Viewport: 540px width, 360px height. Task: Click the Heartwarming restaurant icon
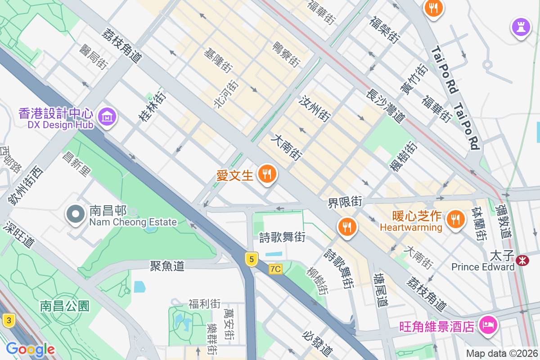pyautogui.click(x=456, y=219)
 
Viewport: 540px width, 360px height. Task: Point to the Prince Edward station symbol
pyautogui.click(x=522, y=260)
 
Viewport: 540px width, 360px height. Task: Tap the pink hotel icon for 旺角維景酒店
pyautogui.click(x=487, y=324)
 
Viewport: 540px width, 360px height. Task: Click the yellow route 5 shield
pyautogui.click(x=252, y=259)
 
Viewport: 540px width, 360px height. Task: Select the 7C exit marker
pyautogui.click(x=275, y=269)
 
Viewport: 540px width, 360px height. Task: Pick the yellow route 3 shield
pyautogui.click(x=9, y=321)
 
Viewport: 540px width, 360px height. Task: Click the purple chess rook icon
pyautogui.click(x=521, y=27)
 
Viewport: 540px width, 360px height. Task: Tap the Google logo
pyautogui.click(x=30, y=349)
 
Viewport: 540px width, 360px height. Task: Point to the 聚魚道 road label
pyautogui.click(x=167, y=266)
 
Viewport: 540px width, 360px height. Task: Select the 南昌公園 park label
pyautogui.click(x=65, y=306)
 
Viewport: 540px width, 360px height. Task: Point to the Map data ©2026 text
pyautogui.click(x=502, y=354)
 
